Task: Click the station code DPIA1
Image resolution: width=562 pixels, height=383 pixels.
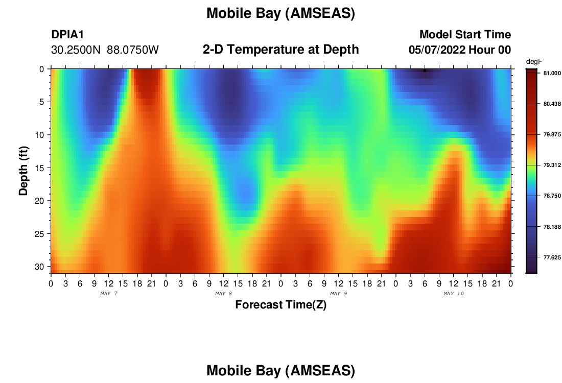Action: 67,34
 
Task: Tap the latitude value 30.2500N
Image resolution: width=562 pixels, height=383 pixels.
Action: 76,50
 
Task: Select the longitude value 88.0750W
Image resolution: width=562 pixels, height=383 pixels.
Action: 133,50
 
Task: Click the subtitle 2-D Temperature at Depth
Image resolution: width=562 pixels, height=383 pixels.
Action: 280,50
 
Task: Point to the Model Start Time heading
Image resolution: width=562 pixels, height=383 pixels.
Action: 465,34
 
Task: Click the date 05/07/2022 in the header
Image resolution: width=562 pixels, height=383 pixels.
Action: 437,50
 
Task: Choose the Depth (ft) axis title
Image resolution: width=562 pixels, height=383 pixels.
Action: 24,171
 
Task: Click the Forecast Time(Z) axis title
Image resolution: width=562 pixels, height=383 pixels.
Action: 280,304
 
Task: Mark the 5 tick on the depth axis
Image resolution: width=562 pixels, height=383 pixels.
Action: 41,102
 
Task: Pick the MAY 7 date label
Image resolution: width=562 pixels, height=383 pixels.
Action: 109,294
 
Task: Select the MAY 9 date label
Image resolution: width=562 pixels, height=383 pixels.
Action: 338,294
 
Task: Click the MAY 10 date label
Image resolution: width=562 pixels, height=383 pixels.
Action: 454,294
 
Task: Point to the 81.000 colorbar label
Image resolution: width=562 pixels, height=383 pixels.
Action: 552,73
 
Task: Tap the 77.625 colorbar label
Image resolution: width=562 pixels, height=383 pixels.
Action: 552,257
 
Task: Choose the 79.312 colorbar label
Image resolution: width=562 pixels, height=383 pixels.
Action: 552,165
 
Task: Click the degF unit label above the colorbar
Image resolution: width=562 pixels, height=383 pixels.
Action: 534,62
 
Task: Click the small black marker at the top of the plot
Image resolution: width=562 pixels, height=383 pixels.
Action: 425,70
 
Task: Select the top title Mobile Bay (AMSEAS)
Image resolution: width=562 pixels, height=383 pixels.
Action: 280,13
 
